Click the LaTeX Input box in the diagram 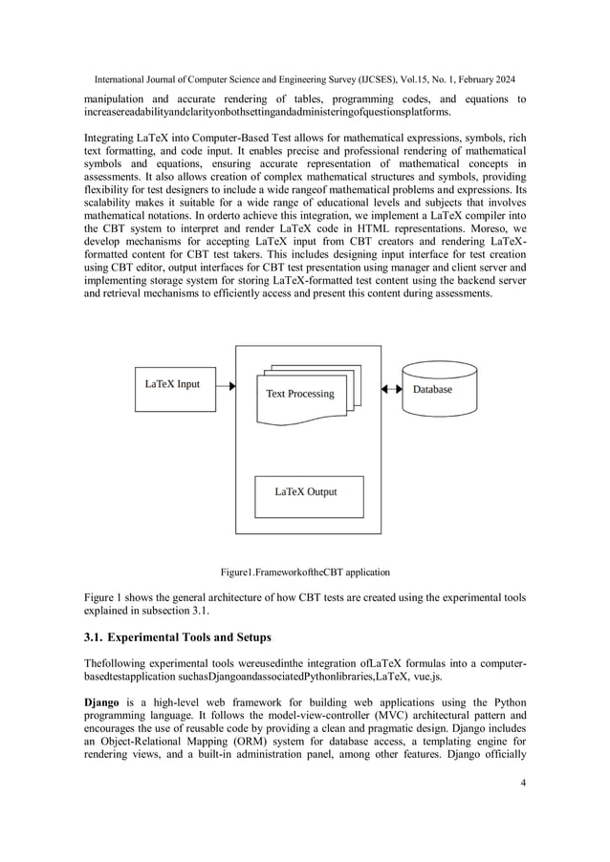tap(172, 385)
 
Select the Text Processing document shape tap(299, 394)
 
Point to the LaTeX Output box tap(305, 493)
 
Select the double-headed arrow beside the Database tap(391, 389)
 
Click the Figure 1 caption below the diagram tap(305, 572)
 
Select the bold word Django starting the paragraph tap(104, 702)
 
